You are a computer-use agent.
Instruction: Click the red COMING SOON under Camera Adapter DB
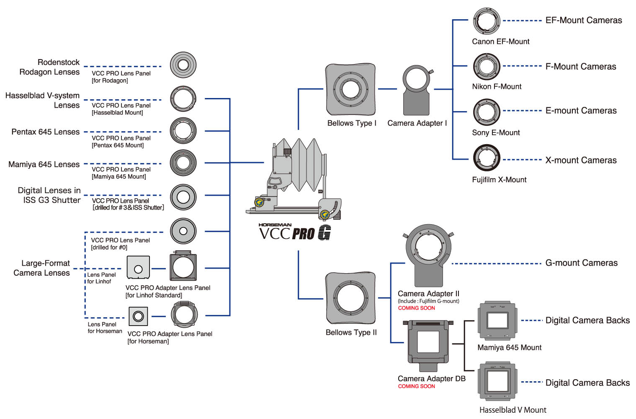click(x=416, y=386)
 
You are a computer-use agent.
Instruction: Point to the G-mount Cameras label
click(x=581, y=263)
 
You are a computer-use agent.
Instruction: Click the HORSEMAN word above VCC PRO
click(x=275, y=225)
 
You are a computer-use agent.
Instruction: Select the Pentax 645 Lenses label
click(x=45, y=132)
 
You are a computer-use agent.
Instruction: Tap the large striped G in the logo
click(x=324, y=233)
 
